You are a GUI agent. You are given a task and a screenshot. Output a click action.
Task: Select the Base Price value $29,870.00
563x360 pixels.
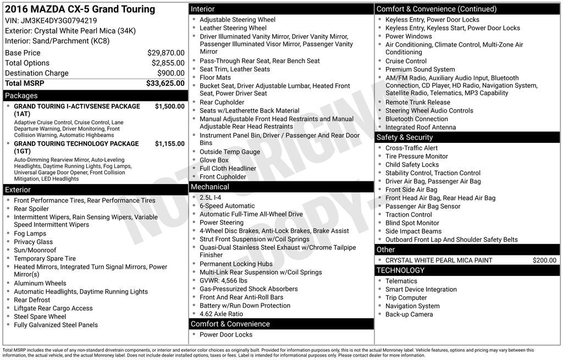pyautogui.click(x=165, y=53)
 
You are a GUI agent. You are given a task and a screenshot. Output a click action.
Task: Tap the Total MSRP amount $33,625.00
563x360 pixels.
pyautogui.click(x=165, y=83)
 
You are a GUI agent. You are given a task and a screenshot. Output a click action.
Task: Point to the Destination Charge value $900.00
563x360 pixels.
pyautogui.click(x=170, y=73)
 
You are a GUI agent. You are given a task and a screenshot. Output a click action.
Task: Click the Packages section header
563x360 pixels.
pyautogui.click(x=21, y=96)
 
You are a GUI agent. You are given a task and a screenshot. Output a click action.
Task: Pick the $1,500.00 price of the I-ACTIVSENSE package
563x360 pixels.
pyautogui.click(x=169, y=106)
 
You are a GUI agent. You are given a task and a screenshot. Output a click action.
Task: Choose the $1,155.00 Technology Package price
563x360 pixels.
pyautogui.click(x=169, y=143)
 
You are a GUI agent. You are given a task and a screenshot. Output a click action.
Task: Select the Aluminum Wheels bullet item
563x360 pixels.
pyautogui.click(x=40, y=284)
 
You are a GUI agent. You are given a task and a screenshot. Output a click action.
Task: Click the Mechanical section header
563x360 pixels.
pyautogui.click(x=210, y=187)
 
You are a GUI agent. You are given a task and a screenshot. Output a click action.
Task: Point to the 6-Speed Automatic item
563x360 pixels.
pyautogui.click(x=227, y=206)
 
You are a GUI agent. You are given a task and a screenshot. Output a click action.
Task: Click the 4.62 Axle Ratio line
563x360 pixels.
pyautogui.click(x=221, y=314)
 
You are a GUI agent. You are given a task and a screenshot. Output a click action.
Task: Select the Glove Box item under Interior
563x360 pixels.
pyautogui.click(x=214, y=160)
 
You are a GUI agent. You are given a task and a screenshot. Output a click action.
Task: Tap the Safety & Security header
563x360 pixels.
pyautogui.click(x=405, y=137)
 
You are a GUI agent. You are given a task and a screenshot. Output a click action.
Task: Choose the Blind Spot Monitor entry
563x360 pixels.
pyautogui.click(x=412, y=223)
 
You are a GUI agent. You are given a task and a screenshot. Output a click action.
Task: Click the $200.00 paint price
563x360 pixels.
pyautogui.click(x=544, y=261)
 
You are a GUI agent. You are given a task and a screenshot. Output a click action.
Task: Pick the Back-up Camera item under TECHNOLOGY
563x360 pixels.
pyautogui.click(x=409, y=314)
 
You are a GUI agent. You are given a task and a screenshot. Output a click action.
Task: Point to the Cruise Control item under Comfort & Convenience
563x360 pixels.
pyautogui.click(x=406, y=61)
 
